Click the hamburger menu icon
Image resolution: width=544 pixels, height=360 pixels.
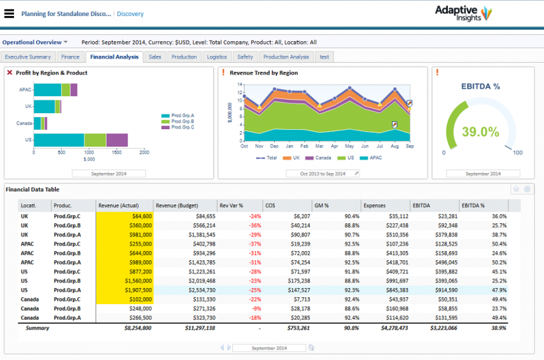point(9,13)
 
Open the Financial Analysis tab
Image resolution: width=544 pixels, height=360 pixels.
point(114,57)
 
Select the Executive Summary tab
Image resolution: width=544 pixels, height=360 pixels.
point(28,57)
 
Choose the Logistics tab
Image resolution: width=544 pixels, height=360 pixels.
point(217,57)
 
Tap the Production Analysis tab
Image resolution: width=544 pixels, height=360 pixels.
point(286,57)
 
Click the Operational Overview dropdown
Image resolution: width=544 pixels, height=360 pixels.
point(35,42)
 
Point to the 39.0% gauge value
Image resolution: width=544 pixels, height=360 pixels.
point(481,131)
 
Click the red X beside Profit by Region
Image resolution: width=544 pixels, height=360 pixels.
point(9,73)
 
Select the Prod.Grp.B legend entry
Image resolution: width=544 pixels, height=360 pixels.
point(182,121)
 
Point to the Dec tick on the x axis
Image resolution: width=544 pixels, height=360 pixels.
point(274,147)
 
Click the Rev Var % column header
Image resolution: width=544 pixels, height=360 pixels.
point(231,205)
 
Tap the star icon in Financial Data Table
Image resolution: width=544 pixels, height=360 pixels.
point(516,188)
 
